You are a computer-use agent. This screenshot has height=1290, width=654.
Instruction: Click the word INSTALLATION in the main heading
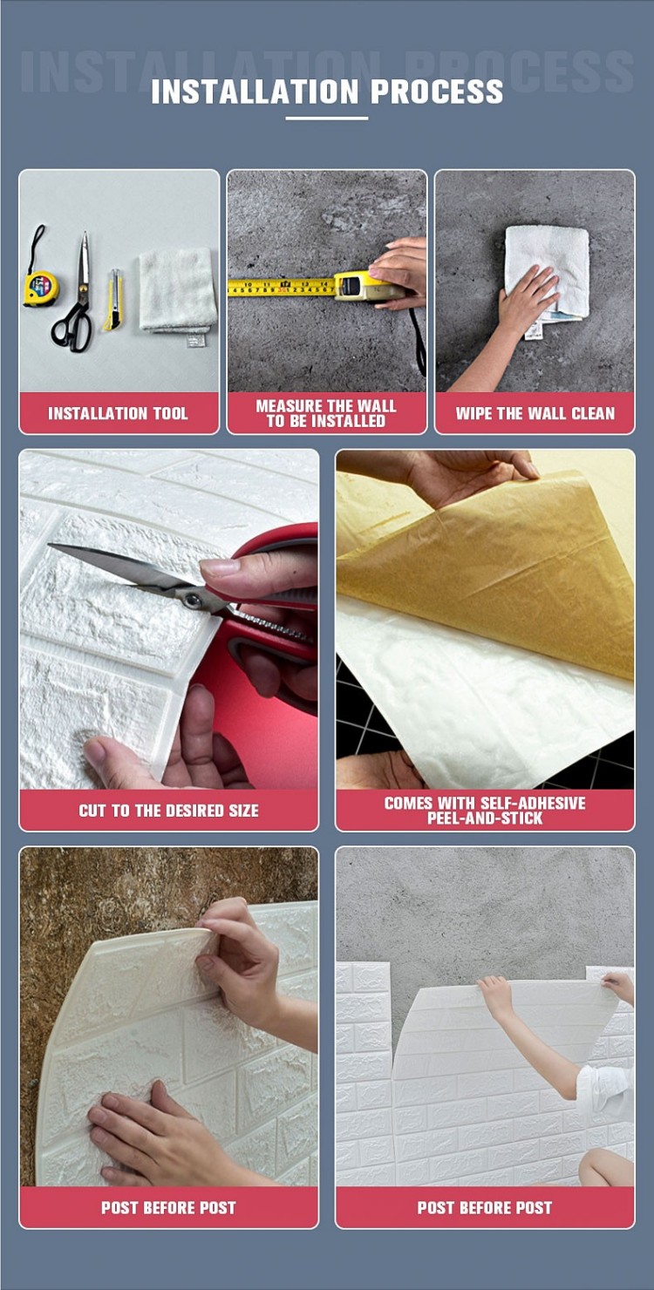[x=255, y=92]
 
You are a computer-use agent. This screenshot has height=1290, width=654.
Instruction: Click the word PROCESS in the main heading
[x=436, y=92]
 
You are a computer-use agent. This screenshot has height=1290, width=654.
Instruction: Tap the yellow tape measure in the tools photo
[x=40, y=286]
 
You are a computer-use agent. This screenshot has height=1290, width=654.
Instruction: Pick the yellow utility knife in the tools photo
[x=113, y=301]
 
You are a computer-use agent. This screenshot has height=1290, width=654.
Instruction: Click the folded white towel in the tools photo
[x=178, y=291]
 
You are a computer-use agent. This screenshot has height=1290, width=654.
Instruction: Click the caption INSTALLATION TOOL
[x=118, y=413]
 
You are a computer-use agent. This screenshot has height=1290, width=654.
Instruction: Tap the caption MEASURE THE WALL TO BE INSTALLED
[x=326, y=413]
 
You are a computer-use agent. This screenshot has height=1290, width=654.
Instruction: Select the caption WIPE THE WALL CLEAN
[x=535, y=413]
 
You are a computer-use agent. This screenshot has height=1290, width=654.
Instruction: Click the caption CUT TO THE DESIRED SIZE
[x=169, y=811]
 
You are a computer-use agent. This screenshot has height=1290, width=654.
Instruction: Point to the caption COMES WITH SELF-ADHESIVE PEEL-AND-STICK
[x=485, y=811]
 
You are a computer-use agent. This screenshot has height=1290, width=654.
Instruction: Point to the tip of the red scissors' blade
[x=49, y=545]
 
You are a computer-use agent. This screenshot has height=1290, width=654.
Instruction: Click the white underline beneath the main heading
[x=327, y=118]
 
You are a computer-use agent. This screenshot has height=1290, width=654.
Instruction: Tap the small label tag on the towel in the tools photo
[x=196, y=341]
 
